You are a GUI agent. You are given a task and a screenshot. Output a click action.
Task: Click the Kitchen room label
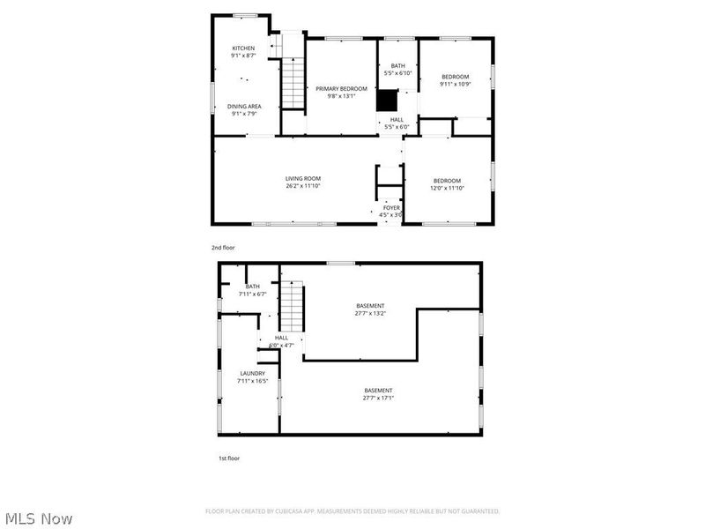(243, 48)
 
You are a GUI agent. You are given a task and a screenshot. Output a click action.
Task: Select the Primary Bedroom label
(341, 88)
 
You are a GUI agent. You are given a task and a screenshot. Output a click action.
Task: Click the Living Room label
(302, 178)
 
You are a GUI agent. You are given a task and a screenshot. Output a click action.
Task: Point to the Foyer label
(390, 208)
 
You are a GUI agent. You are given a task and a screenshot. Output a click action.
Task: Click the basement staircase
(293, 304)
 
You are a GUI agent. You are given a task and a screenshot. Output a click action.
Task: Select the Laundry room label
(252, 373)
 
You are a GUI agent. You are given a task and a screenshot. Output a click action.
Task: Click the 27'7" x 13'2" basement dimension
(370, 313)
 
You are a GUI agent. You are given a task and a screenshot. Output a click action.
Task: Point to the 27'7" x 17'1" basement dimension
(379, 398)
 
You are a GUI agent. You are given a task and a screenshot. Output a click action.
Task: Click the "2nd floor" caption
(223, 248)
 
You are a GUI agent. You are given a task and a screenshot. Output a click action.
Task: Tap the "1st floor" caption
(229, 458)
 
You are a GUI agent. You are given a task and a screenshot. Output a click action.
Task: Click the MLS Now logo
(39, 518)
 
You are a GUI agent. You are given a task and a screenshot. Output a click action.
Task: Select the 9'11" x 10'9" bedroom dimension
(456, 84)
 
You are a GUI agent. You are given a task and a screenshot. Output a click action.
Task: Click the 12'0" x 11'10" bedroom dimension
(447, 187)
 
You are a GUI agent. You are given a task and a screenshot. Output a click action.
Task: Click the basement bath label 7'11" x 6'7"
(253, 294)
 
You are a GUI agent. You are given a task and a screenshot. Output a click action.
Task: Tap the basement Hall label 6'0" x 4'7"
(281, 345)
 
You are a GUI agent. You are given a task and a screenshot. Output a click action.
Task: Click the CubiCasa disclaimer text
(352, 511)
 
